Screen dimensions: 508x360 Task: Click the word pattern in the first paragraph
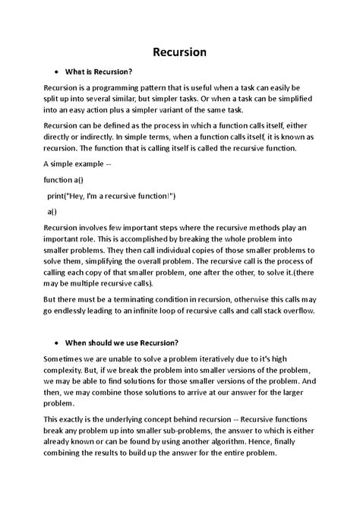(180, 88)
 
